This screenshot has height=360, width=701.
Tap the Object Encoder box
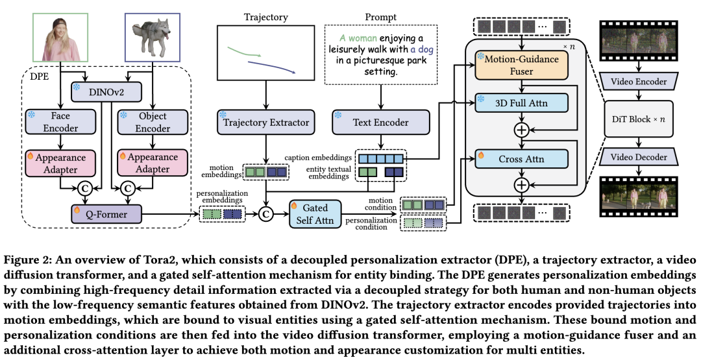(x=152, y=121)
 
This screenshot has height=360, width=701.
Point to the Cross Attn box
(x=523, y=158)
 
